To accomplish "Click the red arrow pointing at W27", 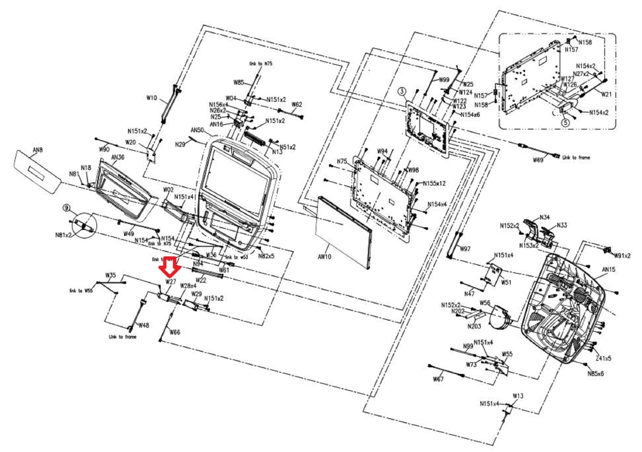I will point(170,265).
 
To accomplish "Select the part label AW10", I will point(324,257).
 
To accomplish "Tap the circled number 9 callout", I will point(66,208).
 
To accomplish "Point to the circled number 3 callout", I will point(402,91).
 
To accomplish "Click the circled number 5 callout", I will point(565,122).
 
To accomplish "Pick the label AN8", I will point(38,150).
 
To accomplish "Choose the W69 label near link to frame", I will point(538,160).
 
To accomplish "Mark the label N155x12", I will point(434,183).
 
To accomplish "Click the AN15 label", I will point(608,269).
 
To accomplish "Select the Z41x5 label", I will point(603,358).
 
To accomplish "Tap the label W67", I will point(438,379).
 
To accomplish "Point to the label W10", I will point(151,98).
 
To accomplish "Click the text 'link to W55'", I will point(81,291).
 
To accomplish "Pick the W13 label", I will point(518,396).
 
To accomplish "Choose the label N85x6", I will point(595,374).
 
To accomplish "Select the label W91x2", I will point(622,256).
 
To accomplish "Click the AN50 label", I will point(197,130).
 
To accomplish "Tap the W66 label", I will point(175,332).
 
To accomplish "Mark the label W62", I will point(297,104).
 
